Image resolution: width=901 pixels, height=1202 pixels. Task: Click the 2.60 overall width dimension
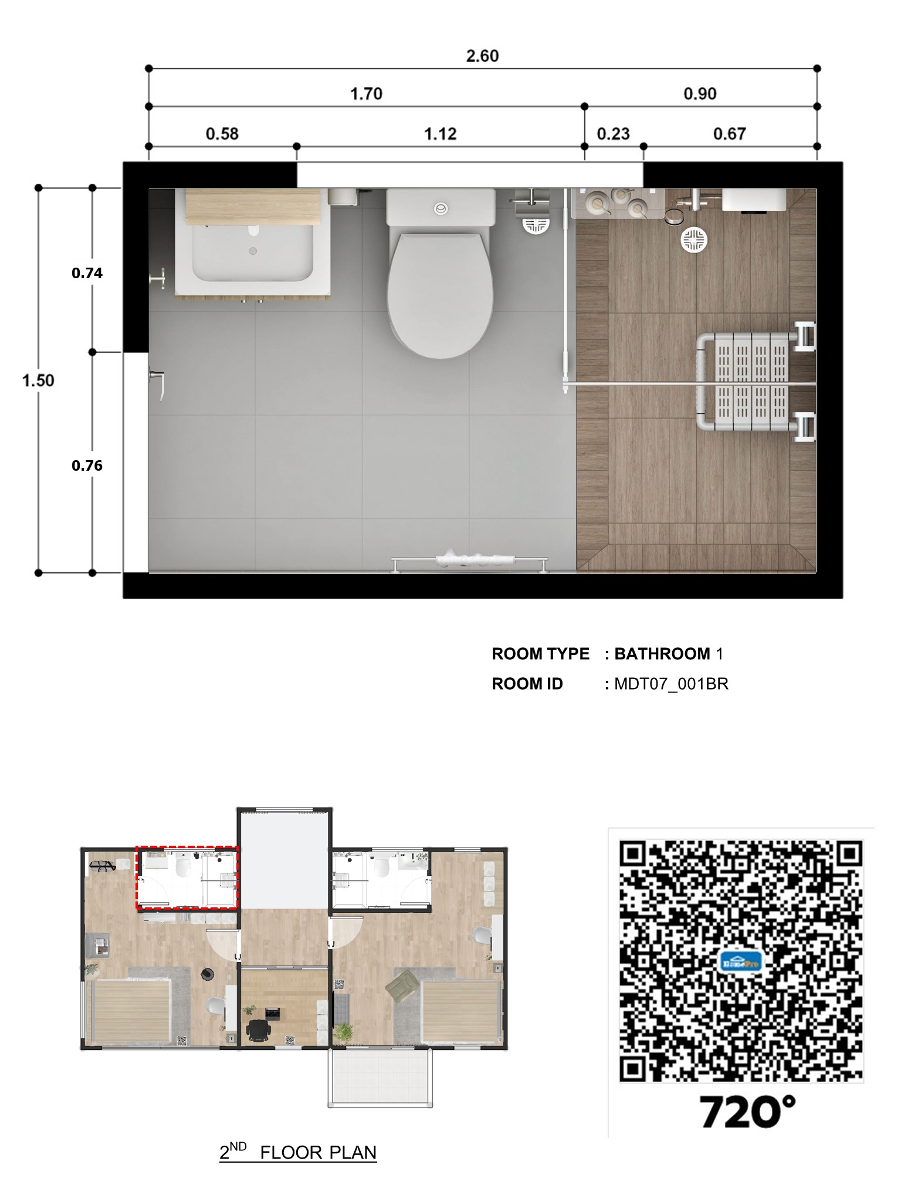(482, 56)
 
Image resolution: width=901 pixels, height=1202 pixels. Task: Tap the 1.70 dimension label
(366, 94)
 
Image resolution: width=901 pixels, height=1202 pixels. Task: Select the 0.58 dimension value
(222, 134)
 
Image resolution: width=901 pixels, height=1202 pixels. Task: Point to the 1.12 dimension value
(441, 134)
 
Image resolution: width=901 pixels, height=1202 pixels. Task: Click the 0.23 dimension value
(613, 134)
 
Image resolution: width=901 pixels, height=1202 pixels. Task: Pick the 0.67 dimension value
(729, 134)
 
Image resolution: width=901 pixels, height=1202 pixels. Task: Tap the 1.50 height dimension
(38, 380)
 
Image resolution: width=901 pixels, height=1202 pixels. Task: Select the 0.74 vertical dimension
(87, 273)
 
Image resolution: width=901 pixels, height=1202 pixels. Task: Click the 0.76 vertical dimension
(87, 465)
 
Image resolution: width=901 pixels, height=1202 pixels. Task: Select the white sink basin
(253, 252)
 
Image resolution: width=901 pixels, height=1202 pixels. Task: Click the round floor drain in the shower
(694, 240)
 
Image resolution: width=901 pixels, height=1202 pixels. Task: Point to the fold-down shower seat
(755, 383)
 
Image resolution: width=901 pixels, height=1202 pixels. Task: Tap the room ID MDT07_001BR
(671, 684)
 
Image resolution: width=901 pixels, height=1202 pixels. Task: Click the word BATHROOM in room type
(662, 654)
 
